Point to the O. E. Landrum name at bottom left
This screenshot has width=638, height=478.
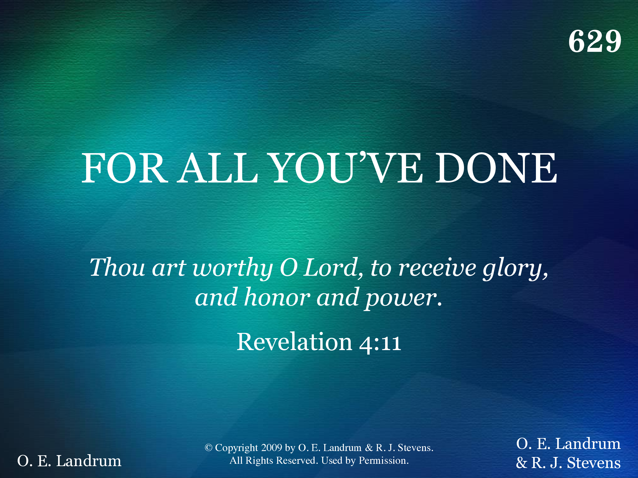[69, 461]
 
